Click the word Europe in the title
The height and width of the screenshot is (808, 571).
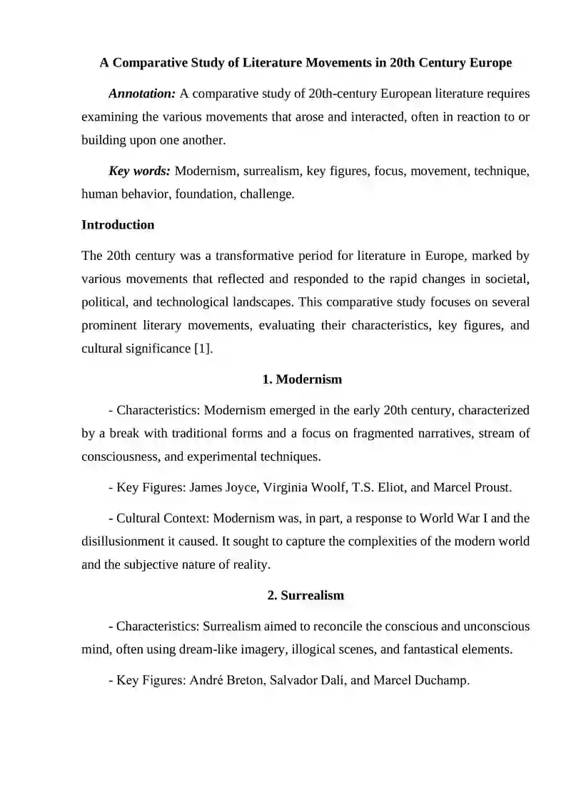click(x=490, y=63)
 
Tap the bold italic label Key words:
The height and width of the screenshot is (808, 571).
click(x=139, y=171)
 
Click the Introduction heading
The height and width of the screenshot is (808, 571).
click(x=118, y=225)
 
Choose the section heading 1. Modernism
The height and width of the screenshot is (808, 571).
click(x=302, y=379)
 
